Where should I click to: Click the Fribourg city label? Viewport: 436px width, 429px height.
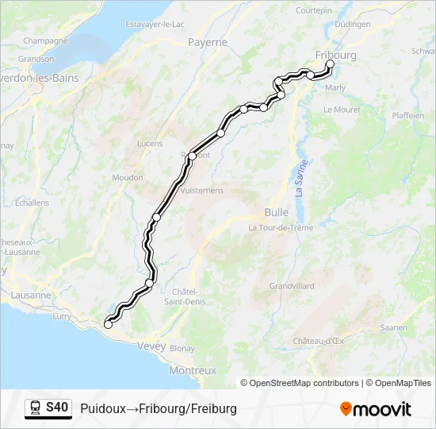(x=335, y=55)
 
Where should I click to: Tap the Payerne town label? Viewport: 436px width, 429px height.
(x=208, y=42)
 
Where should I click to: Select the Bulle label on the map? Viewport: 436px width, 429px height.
(x=276, y=212)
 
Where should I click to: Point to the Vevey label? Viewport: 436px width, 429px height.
(x=151, y=346)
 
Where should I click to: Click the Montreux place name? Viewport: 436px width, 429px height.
(x=193, y=370)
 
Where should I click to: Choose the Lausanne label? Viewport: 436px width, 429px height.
(x=31, y=295)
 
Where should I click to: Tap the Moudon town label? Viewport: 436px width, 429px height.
(x=128, y=177)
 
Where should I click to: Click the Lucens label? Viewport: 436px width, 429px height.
(x=149, y=144)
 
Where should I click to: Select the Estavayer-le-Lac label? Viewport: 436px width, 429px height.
(x=155, y=24)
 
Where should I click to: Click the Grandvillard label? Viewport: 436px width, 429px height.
(x=292, y=285)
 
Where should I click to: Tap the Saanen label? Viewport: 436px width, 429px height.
(x=394, y=327)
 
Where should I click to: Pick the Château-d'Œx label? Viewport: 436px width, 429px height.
(x=317, y=341)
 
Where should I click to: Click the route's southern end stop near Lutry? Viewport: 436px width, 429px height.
(x=108, y=324)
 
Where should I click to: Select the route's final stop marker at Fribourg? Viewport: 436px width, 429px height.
(x=330, y=65)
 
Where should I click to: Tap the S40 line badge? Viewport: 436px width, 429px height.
(x=57, y=408)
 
